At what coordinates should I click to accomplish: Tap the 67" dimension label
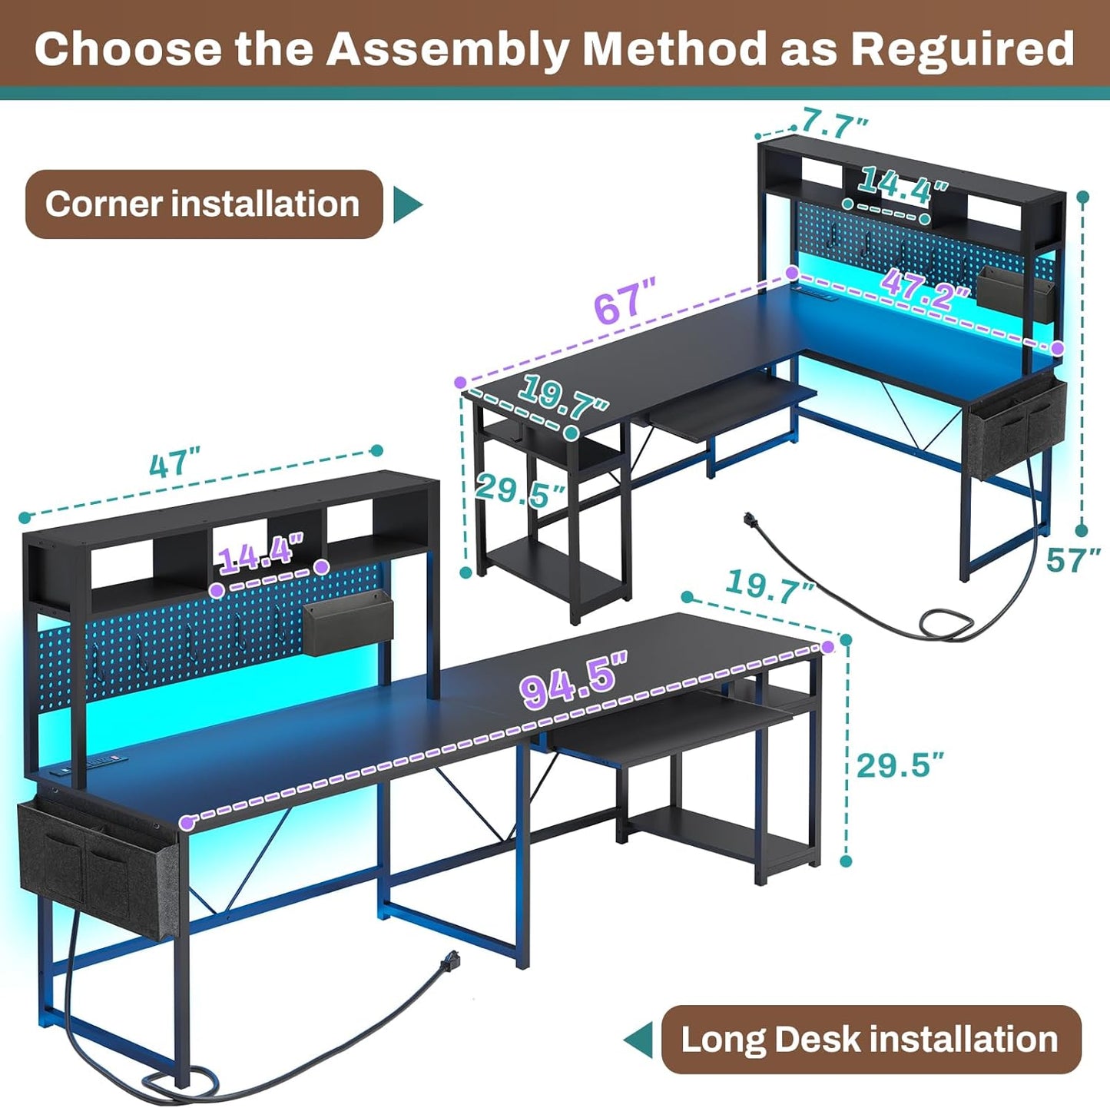(625, 302)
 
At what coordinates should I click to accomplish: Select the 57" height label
(1074, 560)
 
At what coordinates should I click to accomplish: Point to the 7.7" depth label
(835, 122)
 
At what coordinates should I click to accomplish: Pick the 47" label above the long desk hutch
(174, 464)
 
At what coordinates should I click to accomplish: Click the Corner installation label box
(204, 204)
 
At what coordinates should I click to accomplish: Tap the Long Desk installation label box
(870, 1039)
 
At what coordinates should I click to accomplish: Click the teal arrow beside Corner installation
(407, 204)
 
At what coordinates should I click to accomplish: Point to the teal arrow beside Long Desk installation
(638, 1040)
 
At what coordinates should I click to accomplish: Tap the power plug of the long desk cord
(449, 960)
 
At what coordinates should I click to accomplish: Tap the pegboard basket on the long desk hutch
(348, 625)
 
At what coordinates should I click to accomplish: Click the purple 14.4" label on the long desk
(261, 554)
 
